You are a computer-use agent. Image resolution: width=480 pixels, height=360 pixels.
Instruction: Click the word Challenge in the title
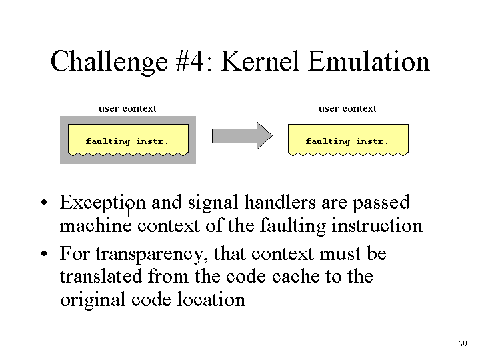coord(109,62)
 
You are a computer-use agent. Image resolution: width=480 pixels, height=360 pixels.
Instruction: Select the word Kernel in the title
coord(259,61)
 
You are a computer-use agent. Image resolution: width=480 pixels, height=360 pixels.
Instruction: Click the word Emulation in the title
coord(369,61)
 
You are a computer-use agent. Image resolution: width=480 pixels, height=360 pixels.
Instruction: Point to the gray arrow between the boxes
coord(242,135)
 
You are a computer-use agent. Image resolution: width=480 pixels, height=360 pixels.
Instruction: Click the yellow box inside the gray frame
coord(128,140)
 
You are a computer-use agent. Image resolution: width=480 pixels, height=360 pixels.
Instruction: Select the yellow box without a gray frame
coord(348,140)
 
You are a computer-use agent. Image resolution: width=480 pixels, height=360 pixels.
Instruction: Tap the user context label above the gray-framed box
coord(127,109)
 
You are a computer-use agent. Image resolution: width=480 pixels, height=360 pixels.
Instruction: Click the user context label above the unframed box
coord(347,109)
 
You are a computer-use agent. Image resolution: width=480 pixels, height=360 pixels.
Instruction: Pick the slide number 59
coord(463,344)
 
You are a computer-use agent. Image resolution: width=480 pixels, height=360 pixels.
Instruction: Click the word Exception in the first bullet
coord(103,203)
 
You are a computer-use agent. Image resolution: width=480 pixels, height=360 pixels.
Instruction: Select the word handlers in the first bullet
coord(280,202)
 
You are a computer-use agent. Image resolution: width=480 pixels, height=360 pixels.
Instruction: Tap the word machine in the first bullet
coord(96,226)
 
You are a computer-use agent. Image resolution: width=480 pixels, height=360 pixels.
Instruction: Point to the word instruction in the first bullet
coord(377,226)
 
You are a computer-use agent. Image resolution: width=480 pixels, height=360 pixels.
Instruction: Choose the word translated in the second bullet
coord(101,276)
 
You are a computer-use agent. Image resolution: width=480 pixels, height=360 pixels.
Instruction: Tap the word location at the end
coord(211,299)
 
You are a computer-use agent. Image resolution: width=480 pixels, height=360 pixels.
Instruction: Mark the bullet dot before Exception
coord(45,203)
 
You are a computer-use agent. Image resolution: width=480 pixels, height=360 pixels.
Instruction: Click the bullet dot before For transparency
coord(45,254)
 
